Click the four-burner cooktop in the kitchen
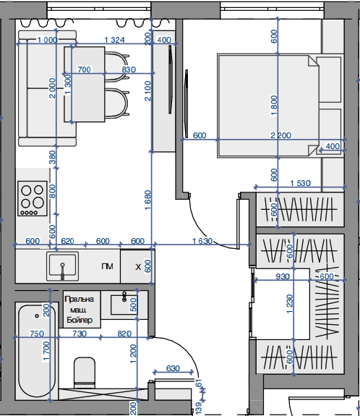[x=33, y=198]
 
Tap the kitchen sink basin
[x=63, y=266]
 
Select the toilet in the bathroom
[x=85, y=373]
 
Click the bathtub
[x=37, y=351]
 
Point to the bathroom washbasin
[x=124, y=305]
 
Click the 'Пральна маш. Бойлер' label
[x=80, y=310]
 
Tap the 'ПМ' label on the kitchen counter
[x=107, y=266]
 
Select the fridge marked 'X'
[x=137, y=266]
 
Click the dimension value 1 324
[x=114, y=40]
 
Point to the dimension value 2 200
[x=280, y=135]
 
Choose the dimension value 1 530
[x=300, y=183]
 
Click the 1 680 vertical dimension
[x=147, y=200]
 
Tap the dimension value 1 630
[x=202, y=241]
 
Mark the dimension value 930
[x=283, y=276]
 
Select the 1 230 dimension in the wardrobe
[x=290, y=304]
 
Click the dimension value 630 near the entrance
[x=173, y=368]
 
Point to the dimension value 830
[x=129, y=69]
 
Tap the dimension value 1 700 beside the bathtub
[x=46, y=351]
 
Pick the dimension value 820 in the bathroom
[x=124, y=334]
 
